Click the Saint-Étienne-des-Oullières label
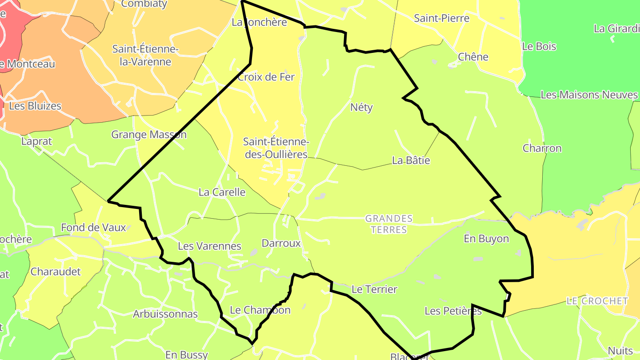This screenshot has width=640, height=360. (276, 148)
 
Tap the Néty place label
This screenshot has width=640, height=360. (361, 107)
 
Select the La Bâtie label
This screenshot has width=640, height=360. (411, 160)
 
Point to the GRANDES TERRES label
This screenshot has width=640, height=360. (389, 224)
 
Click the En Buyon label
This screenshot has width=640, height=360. (486, 239)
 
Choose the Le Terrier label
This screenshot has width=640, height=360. (374, 289)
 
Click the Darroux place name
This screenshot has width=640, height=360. (281, 244)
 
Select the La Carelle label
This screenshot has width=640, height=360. (222, 192)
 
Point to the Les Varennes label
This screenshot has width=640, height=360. (209, 246)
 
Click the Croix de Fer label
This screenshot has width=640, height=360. (266, 77)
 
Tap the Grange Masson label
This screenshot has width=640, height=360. (149, 134)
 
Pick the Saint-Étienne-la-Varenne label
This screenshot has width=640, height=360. (145, 55)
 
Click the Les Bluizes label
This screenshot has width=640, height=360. (35, 106)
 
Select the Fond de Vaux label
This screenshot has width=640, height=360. (93, 228)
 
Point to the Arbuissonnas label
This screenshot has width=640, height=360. (165, 314)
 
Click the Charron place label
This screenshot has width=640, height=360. (542, 148)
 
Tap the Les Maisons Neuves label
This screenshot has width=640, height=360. (589, 95)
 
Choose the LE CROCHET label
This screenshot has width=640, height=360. (597, 301)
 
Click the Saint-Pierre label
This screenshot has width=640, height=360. (442, 18)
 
